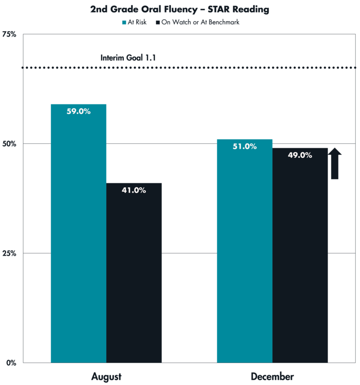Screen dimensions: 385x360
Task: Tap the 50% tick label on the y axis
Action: (x=12, y=144)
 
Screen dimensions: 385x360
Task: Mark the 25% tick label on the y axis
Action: (x=12, y=253)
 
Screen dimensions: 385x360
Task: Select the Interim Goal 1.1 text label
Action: (x=128, y=58)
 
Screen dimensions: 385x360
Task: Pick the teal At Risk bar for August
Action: (x=78, y=241)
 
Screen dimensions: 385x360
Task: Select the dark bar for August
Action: (x=134, y=279)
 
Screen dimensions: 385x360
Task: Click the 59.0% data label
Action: (x=78, y=111)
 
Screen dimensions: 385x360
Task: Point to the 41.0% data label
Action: (x=134, y=190)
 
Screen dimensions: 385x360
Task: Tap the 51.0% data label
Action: (x=244, y=146)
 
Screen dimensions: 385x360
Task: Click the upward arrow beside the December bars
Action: (x=336, y=164)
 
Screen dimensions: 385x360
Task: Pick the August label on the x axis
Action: (x=106, y=375)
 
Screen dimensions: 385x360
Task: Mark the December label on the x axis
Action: (x=272, y=375)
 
